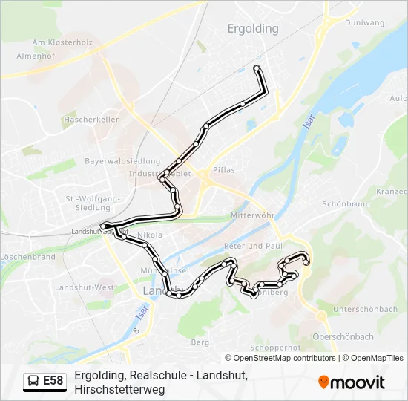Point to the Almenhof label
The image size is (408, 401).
[36, 56]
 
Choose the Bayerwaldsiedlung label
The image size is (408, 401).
[122, 161]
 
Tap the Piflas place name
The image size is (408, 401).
[223, 170]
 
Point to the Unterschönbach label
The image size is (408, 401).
[365, 309]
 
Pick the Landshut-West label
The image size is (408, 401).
[85, 287]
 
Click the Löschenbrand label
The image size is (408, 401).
[27, 257]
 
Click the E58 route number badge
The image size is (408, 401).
[53, 381]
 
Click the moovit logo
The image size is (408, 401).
[352, 382]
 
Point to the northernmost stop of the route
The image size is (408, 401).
[257, 68]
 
